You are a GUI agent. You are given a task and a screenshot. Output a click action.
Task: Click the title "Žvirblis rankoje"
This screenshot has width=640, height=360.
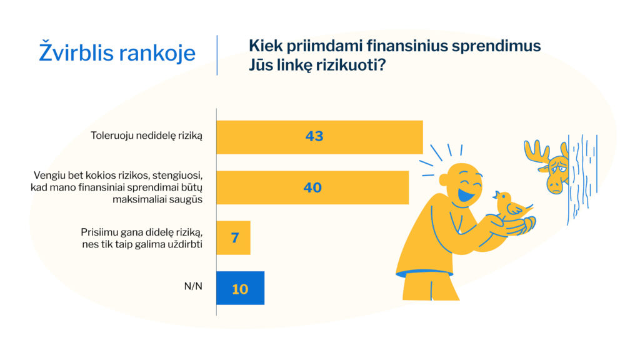coord(117,53)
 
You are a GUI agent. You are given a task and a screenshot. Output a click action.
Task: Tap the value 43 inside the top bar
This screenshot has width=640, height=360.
coord(314,136)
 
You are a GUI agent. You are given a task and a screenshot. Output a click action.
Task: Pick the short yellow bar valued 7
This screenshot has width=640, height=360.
coord(234,237)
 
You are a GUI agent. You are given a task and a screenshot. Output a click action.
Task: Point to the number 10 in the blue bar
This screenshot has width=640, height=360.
coord(240,289)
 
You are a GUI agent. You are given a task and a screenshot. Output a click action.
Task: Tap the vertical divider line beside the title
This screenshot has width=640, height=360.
coord(217,55)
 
